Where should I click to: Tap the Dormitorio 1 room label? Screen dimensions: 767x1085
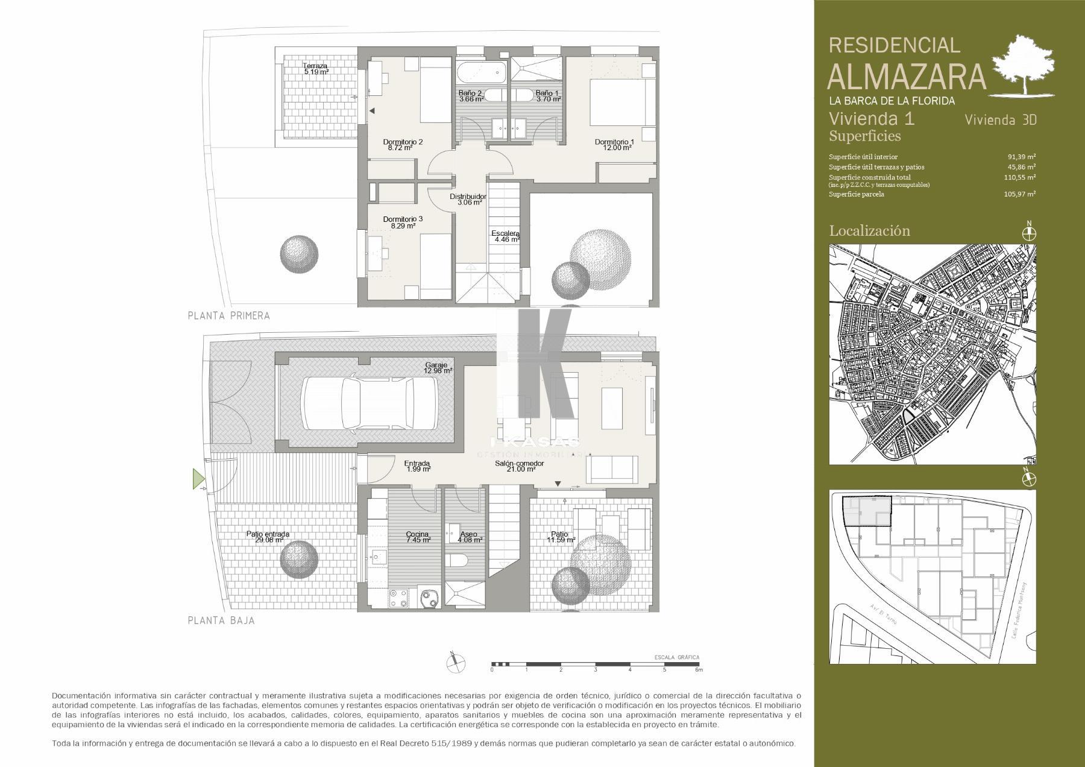click(614, 145)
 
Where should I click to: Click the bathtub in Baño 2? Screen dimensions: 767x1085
click(480, 74)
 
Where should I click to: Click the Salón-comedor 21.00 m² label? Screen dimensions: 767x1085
click(519, 466)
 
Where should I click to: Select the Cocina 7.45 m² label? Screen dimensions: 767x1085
click(417, 537)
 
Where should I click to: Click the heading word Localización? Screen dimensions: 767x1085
click(869, 230)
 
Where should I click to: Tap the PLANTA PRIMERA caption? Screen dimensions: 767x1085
click(228, 315)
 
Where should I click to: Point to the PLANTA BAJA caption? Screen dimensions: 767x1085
click(221, 620)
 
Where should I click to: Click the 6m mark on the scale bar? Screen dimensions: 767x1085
click(699, 670)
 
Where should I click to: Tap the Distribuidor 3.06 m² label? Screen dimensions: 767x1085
click(468, 200)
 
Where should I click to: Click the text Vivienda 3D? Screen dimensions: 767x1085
click(1001, 120)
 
